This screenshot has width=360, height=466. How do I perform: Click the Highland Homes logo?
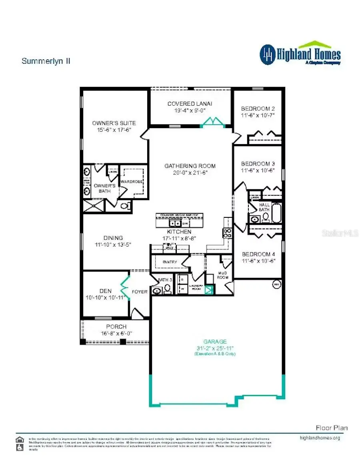(x=300, y=54)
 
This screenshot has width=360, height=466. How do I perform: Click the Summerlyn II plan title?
(x=46, y=61)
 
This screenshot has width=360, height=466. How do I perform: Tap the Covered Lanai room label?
(x=190, y=104)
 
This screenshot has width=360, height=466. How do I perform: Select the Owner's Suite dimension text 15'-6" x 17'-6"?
(x=114, y=130)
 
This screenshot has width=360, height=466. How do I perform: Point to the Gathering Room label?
(x=190, y=166)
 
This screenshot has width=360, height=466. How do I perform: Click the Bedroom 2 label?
(x=258, y=108)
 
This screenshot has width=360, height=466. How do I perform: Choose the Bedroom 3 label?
(x=258, y=164)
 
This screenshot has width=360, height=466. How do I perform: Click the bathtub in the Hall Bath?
(x=277, y=213)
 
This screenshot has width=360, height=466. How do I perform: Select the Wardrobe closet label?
(x=129, y=181)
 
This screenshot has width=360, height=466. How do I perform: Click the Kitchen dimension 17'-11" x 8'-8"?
(x=179, y=238)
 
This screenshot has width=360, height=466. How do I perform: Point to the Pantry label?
(x=170, y=262)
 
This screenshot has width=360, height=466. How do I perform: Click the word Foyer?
(x=140, y=292)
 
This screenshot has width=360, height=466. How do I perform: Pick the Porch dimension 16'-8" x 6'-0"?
(x=116, y=333)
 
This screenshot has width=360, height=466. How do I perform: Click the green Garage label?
(x=215, y=341)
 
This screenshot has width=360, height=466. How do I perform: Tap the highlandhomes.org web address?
(x=320, y=438)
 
